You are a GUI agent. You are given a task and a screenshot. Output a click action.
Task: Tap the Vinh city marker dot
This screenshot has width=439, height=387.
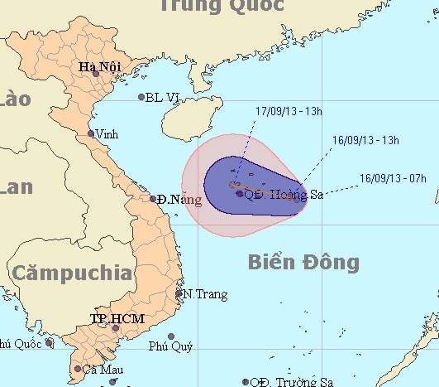pyautogui.click(x=92, y=133)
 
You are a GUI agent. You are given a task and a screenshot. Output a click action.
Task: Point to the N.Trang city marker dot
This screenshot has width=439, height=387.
pyautogui.click(x=179, y=293)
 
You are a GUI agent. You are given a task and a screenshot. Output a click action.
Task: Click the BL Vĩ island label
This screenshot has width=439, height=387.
pyautogui.click(x=162, y=97)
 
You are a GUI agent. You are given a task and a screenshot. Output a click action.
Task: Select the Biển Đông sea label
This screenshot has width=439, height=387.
pyautogui.click(x=303, y=263)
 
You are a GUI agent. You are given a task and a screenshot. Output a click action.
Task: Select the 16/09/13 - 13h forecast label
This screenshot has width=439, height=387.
pyautogui.click(x=365, y=140)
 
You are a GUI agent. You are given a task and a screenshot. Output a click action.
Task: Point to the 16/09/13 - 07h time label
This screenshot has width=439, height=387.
pyautogui.click(x=394, y=177)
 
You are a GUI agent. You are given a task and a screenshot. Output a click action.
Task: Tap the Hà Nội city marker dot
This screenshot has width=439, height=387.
pyautogui.click(x=96, y=75)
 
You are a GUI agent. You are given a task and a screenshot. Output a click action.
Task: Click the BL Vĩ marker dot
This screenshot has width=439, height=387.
pyautogui.click(x=141, y=97)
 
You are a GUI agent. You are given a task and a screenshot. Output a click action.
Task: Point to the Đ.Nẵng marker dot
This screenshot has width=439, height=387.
pyautogui.click(x=154, y=199)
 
